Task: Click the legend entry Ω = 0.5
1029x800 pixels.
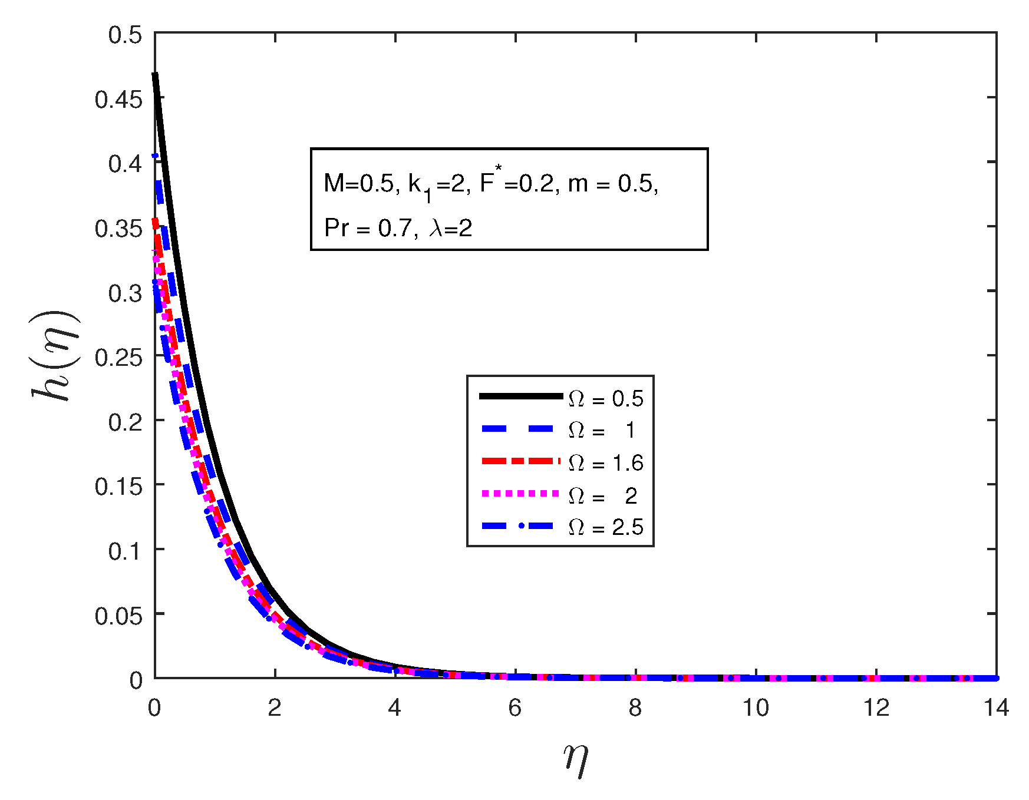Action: point(605,399)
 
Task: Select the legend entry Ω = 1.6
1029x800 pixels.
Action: point(605,463)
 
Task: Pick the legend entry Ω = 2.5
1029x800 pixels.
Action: point(605,527)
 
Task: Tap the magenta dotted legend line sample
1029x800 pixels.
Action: point(520,493)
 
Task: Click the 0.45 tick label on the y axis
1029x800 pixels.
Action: point(118,99)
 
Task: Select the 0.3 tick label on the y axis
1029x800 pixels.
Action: point(125,293)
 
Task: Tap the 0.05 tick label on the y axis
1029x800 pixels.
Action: point(118,616)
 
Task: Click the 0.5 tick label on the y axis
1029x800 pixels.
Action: point(125,35)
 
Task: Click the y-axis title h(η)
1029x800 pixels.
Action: point(56,355)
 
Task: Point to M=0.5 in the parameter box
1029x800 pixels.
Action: point(358,184)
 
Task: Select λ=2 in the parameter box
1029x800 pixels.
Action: point(451,228)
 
